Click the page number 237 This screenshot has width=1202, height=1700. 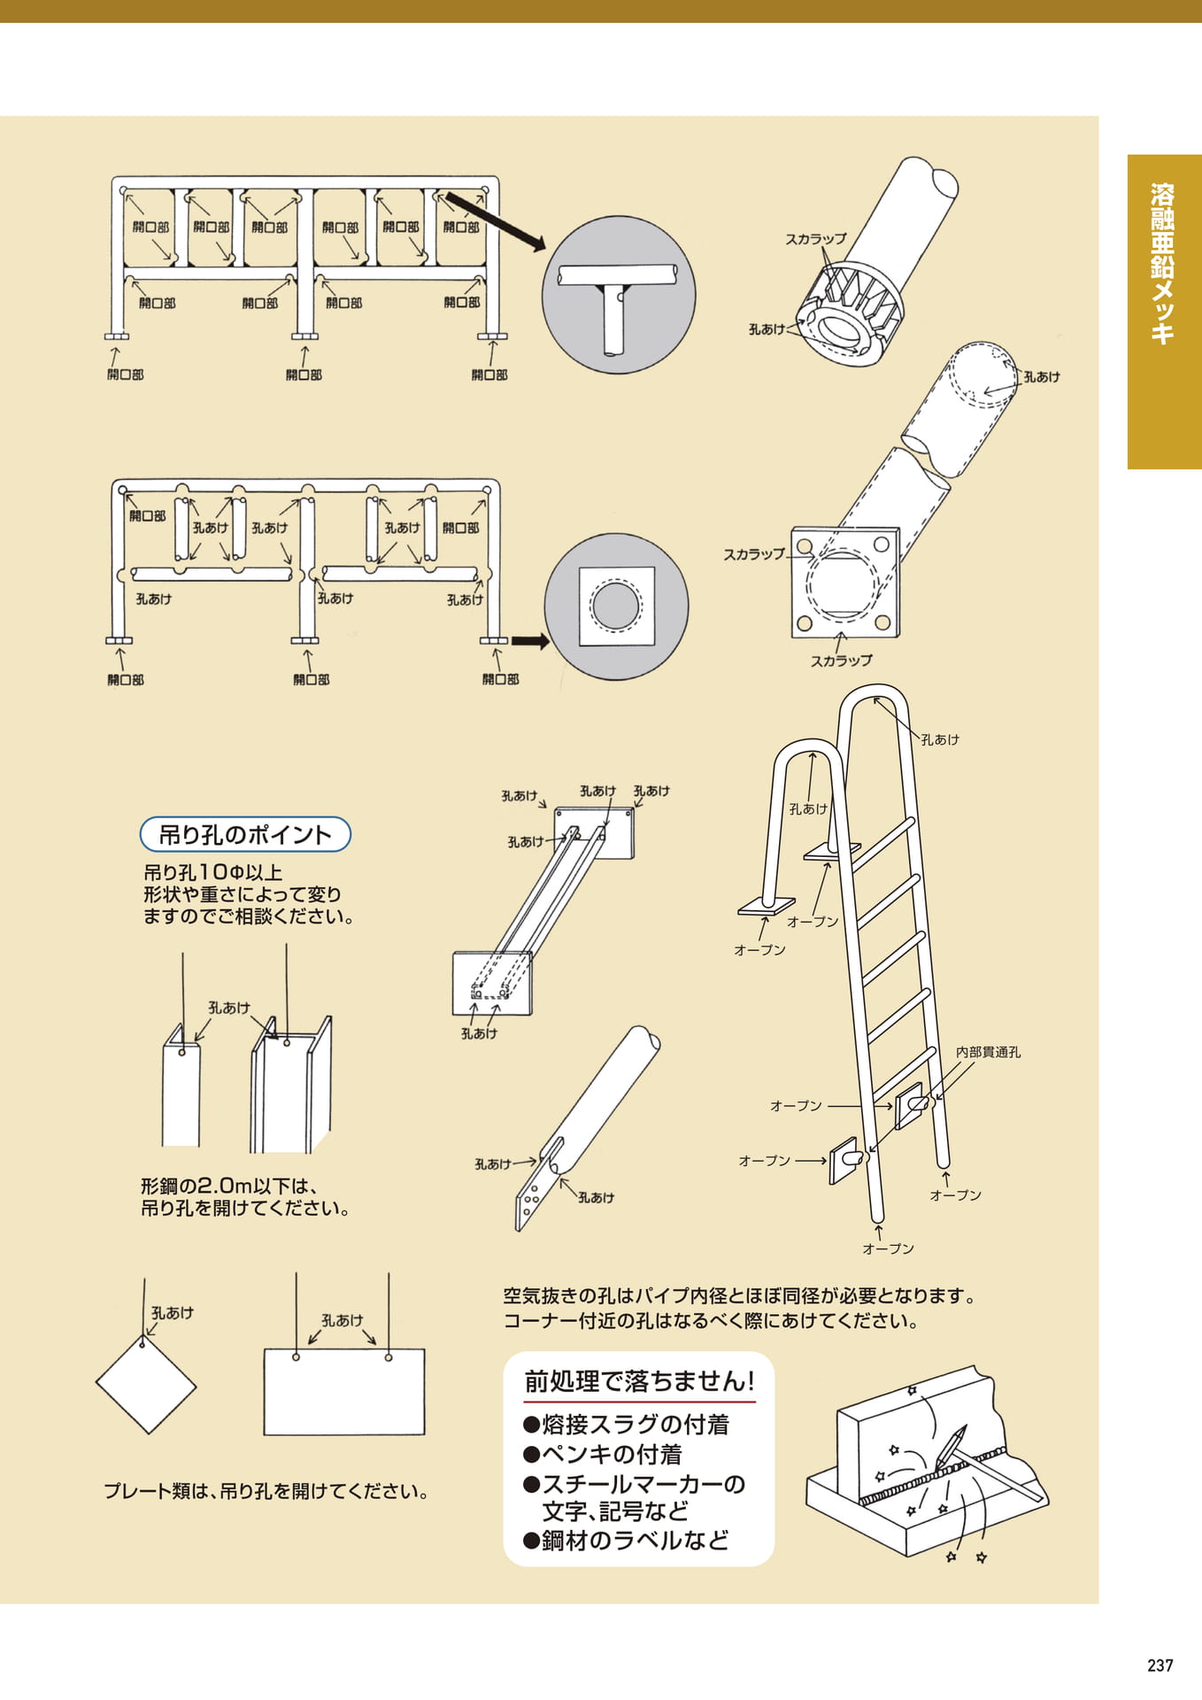point(1160,1665)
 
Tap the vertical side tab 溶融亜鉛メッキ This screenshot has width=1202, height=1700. point(1163,263)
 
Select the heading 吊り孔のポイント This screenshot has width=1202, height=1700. point(245,834)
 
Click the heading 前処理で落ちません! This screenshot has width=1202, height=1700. point(639,1381)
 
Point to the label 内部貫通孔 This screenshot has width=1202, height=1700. point(988,1052)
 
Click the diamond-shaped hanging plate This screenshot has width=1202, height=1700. point(146,1385)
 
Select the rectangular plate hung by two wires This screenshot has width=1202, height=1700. point(344,1392)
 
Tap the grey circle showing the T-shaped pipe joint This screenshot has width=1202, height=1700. point(619,295)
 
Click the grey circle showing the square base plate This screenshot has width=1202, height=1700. point(616,606)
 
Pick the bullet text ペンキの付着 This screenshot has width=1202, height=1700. point(603,1454)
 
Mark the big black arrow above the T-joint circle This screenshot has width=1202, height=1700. point(495,221)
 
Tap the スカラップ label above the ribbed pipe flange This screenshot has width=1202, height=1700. point(815,239)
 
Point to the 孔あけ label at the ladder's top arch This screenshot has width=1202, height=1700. point(939,739)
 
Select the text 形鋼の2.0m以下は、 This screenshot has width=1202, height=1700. point(230,1186)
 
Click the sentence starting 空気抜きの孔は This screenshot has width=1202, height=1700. point(740,1295)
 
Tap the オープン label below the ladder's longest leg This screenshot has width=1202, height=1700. point(888,1248)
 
